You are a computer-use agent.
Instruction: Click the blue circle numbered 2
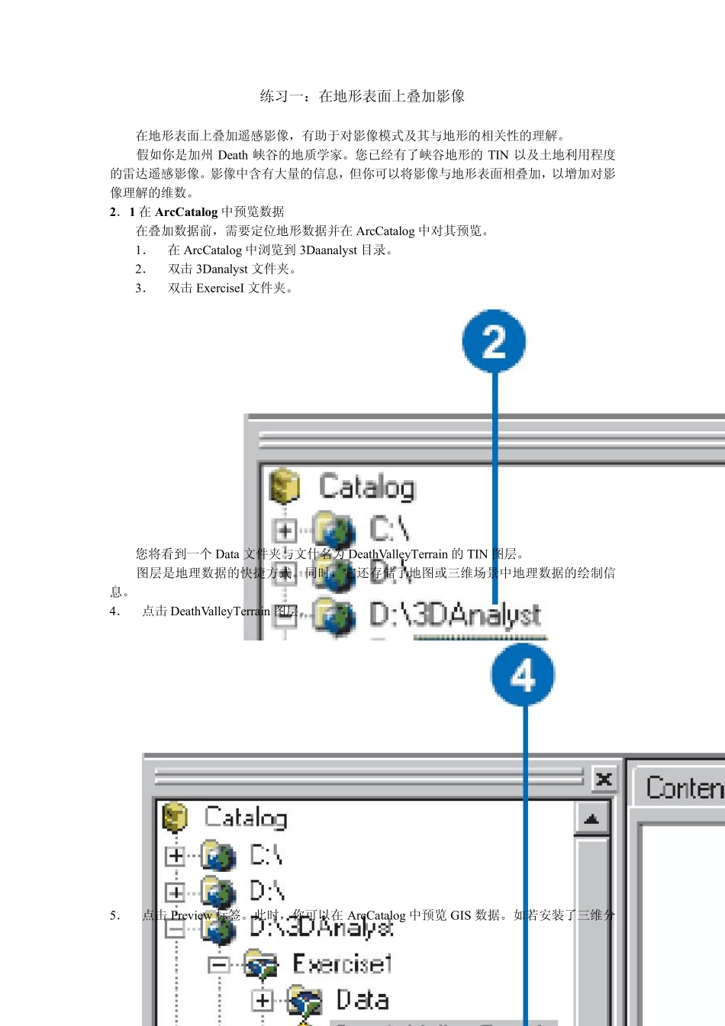(x=494, y=341)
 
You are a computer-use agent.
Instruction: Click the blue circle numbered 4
(x=523, y=675)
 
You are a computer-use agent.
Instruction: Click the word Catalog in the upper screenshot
(x=366, y=487)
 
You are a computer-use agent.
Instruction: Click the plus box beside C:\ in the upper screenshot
(x=284, y=530)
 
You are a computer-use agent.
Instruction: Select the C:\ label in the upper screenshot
(x=389, y=528)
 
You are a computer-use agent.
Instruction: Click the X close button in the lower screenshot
(x=604, y=779)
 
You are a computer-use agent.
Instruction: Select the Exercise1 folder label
(x=342, y=963)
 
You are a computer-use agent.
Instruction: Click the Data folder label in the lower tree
(x=362, y=999)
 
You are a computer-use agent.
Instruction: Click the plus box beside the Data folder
(x=262, y=1000)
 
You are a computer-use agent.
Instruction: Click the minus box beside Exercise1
(x=219, y=965)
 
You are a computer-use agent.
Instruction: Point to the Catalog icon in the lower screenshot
(x=176, y=818)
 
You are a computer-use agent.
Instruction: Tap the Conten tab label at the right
(x=683, y=787)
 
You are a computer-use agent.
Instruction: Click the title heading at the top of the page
(x=362, y=96)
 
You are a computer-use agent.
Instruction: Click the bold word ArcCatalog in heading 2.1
(x=186, y=211)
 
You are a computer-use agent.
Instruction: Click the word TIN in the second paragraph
(x=498, y=154)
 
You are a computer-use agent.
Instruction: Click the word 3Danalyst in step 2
(x=222, y=269)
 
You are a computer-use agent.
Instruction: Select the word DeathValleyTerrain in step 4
(x=221, y=611)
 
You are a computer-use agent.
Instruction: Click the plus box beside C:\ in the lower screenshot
(x=176, y=856)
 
